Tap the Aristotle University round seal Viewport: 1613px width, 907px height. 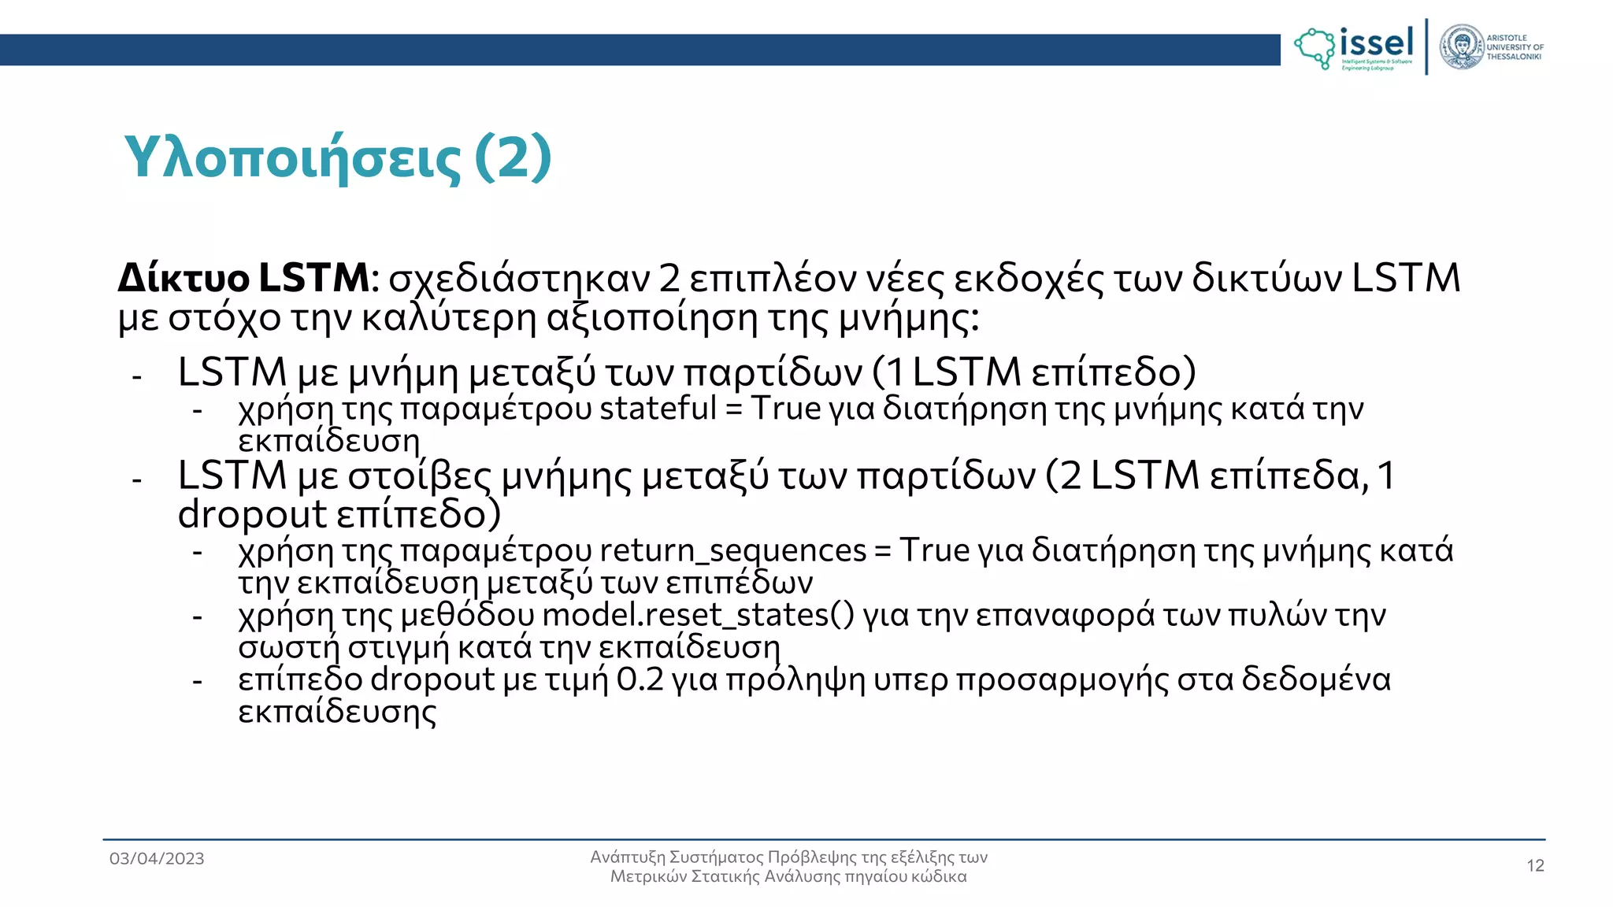(1462, 47)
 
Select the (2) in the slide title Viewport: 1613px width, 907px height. (513, 157)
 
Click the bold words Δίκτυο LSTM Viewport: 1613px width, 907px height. (243, 278)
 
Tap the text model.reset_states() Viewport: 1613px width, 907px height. (698, 615)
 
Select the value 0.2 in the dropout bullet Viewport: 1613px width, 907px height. (640, 679)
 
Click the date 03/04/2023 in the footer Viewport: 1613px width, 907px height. (157, 859)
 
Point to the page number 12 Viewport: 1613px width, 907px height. (1535, 866)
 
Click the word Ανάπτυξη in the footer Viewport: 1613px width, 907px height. (627, 857)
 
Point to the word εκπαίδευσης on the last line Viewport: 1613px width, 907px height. (337, 713)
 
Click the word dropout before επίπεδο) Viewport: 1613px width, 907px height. (252, 515)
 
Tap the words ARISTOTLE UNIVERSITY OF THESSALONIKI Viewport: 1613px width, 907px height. (1514, 47)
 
